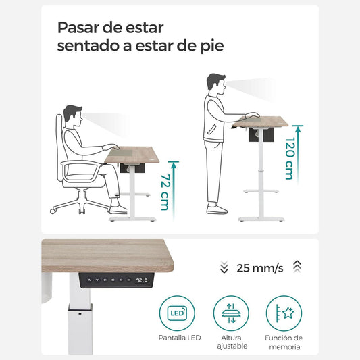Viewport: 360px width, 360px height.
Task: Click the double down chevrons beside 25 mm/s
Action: coord(224,267)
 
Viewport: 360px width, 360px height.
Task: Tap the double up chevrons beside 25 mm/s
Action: coord(297,267)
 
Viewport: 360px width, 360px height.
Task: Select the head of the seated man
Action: coord(75,114)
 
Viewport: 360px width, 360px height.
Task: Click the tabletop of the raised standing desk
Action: coord(261,122)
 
